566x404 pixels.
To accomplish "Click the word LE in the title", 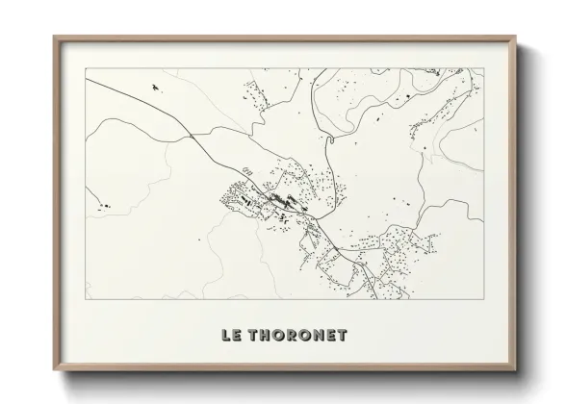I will [x=232, y=337].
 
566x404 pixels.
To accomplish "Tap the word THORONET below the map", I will [x=298, y=337].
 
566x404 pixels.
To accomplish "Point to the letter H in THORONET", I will [x=269, y=337].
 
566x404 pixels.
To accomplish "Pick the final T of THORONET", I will [x=344, y=337].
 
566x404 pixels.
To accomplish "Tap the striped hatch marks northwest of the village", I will [x=245, y=170].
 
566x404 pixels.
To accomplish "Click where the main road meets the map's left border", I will [x=86, y=82].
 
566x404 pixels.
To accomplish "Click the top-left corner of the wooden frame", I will [x=54, y=37].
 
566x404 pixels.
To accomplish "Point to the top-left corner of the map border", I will [x=86, y=68].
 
